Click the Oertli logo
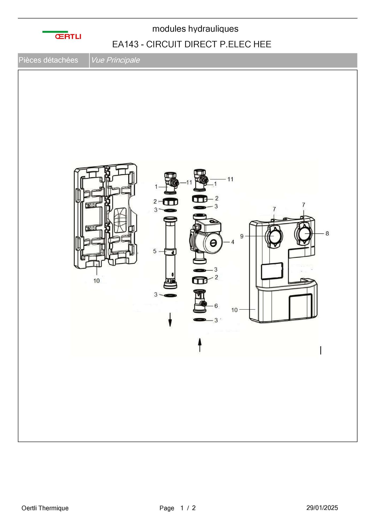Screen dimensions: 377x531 (62, 35)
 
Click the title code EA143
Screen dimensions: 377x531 (125, 44)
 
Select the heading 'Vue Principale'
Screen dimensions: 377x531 (115, 60)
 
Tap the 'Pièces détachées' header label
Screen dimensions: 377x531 (48, 60)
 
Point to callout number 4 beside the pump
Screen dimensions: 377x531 (233, 242)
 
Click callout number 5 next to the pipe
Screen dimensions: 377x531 (155, 251)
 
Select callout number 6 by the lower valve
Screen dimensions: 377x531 (216, 306)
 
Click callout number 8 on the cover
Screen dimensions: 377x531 (327, 233)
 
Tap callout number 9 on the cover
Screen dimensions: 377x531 (242, 236)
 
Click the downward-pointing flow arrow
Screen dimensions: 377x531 (170, 320)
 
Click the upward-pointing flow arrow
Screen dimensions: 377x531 (199, 345)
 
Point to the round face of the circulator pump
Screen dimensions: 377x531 (213, 243)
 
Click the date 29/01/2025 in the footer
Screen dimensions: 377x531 (322, 508)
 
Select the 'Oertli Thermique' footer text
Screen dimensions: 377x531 (45, 508)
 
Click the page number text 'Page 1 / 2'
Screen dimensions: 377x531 (178, 508)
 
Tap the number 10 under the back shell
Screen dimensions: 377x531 (97, 281)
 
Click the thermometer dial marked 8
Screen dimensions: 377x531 (304, 234)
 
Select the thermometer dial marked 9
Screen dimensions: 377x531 (274, 237)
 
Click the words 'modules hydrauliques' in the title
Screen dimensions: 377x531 (195, 29)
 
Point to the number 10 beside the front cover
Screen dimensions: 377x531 (234, 310)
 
